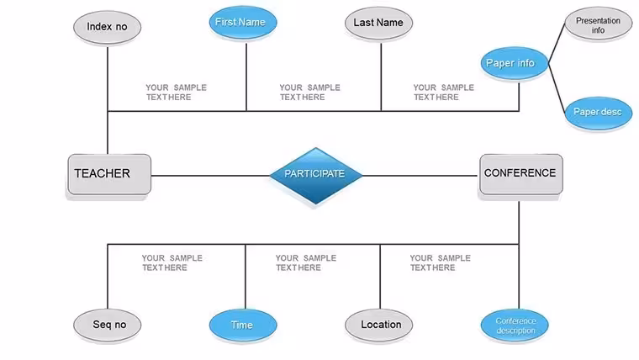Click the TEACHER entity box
pos(109,174)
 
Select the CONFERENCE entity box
pos(521,174)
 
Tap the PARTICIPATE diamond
pos(316,176)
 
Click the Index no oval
pos(107,27)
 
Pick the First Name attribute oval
pos(243,23)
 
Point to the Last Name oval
pos(378,24)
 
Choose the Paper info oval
pos(515,63)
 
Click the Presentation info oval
pos(599,24)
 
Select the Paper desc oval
pos(599,113)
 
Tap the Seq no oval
pos(107,325)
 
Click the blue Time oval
pos(243,325)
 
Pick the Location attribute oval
pos(378,325)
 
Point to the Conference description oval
pos(515,325)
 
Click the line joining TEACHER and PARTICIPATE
pos(210,176)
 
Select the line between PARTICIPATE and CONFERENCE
pos(420,176)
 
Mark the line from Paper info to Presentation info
pos(557,43)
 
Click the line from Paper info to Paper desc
pos(557,88)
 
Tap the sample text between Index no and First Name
pos(177,93)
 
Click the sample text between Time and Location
pos(306,262)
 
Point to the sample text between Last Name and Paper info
pos(444,93)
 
